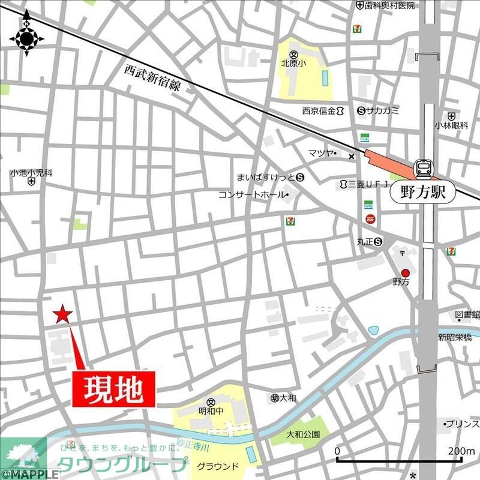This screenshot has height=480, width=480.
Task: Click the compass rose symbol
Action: (27, 40)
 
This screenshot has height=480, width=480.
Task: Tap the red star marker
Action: (62, 314)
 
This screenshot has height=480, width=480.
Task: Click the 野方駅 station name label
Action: (423, 193)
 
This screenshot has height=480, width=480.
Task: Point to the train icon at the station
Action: (424, 169)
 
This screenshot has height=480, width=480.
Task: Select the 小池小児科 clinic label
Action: (31, 173)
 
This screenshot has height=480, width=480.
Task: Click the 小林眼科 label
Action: (452, 125)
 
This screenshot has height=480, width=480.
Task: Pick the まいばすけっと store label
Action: (266, 178)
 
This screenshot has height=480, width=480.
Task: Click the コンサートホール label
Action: (253, 194)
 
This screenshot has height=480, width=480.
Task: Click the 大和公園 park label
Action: (303, 434)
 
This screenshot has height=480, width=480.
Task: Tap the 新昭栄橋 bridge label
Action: (454, 337)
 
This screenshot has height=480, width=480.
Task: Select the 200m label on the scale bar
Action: (461, 451)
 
